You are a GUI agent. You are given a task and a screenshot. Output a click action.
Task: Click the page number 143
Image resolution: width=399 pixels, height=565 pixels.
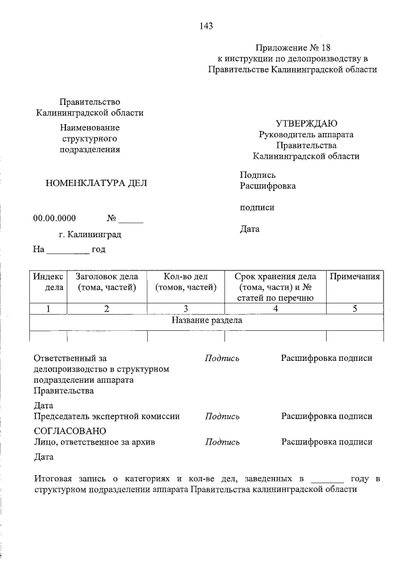coord(207,26)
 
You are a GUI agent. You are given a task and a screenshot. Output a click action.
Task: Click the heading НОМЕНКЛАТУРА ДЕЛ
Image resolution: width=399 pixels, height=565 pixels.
coord(97,183)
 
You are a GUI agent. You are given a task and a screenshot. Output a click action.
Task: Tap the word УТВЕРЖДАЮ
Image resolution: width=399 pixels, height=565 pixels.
coord(307,123)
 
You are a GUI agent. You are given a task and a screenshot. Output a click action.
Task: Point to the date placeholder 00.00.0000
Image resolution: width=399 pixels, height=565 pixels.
coord(54,219)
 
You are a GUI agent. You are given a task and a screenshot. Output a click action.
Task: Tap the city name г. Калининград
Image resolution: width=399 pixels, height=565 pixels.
coord(90,235)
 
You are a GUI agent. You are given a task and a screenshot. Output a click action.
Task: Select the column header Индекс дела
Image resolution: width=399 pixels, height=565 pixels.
coord(48,282)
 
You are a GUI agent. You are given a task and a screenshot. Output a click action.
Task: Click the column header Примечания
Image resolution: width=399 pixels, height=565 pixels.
coord(355,276)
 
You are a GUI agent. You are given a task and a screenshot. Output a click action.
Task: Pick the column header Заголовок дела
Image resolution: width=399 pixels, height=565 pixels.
coord(107,282)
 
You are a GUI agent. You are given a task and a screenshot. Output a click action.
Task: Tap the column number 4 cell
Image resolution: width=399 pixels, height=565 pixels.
coord(275,308)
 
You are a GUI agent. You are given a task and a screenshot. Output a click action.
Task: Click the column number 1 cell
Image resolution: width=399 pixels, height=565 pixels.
coord(48,308)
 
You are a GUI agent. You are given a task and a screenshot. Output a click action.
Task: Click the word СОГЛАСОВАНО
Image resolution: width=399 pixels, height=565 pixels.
coord(69,431)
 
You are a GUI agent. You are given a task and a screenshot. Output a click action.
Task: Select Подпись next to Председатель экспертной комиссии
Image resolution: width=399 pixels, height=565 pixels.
coord(222,416)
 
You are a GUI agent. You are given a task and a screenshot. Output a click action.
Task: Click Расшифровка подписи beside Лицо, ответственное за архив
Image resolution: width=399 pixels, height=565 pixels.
coord(327,442)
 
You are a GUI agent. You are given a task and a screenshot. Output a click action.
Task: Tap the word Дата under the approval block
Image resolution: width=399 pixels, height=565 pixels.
coord(249,229)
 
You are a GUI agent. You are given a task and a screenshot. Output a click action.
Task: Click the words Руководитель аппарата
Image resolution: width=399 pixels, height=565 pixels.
coord(306,134)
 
